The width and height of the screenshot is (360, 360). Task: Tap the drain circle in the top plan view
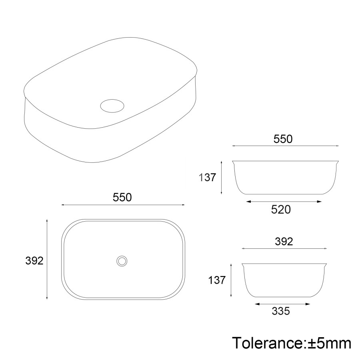pyautogui.click(x=122, y=261)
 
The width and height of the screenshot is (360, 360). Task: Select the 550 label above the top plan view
pyautogui.click(x=122, y=197)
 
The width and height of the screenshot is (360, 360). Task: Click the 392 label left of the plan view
pyautogui.click(x=34, y=260)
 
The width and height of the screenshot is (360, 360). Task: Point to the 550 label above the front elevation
pyautogui.click(x=283, y=139)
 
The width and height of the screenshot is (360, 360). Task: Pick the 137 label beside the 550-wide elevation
pyautogui.click(x=207, y=177)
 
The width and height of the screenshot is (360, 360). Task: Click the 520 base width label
pyautogui.click(x=281, y=210)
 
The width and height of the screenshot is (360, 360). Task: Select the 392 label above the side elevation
pyautogui.click(x=284, y=242)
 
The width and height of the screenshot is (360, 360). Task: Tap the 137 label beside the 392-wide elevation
pyautogui.click(x=217, y=280)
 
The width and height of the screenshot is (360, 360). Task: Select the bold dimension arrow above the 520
pyautogui.click(x=284, y=202)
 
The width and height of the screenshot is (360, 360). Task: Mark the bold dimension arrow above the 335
pyautogui.click(x=283, y=304)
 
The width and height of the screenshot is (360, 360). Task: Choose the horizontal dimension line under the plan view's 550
pyautogui.click(x=123, y=205)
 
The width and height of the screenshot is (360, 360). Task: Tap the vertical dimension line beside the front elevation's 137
pyautogui.click(x=222, y=177)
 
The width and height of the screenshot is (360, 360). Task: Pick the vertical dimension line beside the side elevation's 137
pyautogui.click(x=231, y=280)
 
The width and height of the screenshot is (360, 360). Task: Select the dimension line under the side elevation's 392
pyautogui.click(x=284, y=249)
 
